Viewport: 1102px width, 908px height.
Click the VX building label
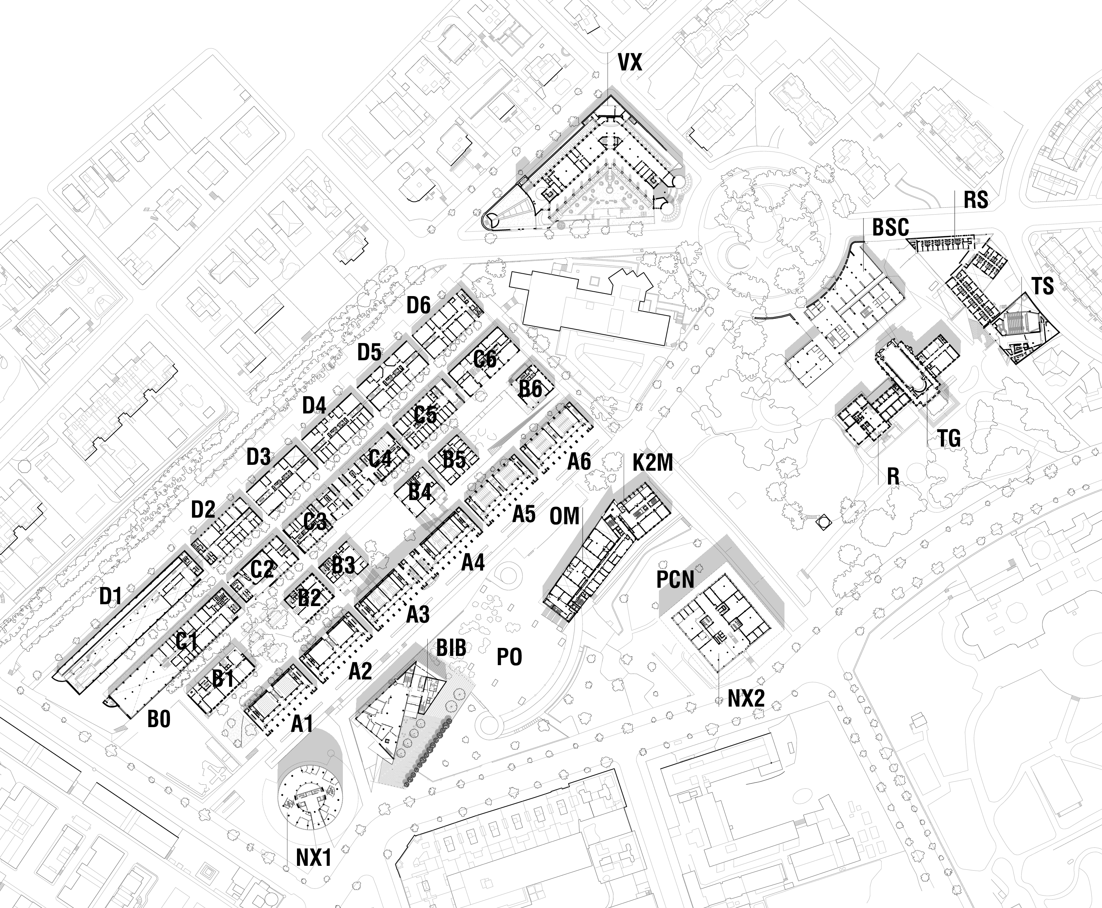(630, 63)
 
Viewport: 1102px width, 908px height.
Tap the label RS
(976, 200)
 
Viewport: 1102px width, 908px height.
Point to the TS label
(1042, 286)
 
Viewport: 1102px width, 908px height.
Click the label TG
(949, 438)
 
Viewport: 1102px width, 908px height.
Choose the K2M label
(652, 463)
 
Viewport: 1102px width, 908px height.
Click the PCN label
(675, 580)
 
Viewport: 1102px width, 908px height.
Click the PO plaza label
(509, 657)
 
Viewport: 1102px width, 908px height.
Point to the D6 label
(418, 306)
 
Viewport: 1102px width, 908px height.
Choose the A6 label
(579, 462)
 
